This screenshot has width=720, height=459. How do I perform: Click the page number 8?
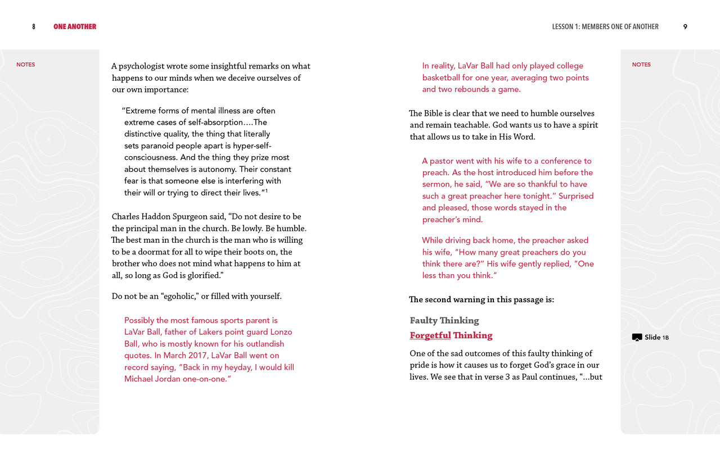(34, 27)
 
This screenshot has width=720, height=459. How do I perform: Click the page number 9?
(685, 27)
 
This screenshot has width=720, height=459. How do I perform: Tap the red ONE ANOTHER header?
(75, 27)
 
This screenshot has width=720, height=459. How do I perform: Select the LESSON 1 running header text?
(605, 27)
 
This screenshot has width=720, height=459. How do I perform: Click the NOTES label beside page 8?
(25, 65)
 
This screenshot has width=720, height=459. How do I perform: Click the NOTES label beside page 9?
(641, 65)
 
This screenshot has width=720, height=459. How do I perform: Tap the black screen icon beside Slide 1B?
(637, 338)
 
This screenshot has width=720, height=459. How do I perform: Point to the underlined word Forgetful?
(430, 335)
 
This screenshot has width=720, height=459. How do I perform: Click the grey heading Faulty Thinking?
(444, 321)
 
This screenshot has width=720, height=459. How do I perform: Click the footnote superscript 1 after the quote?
(266, 190)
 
